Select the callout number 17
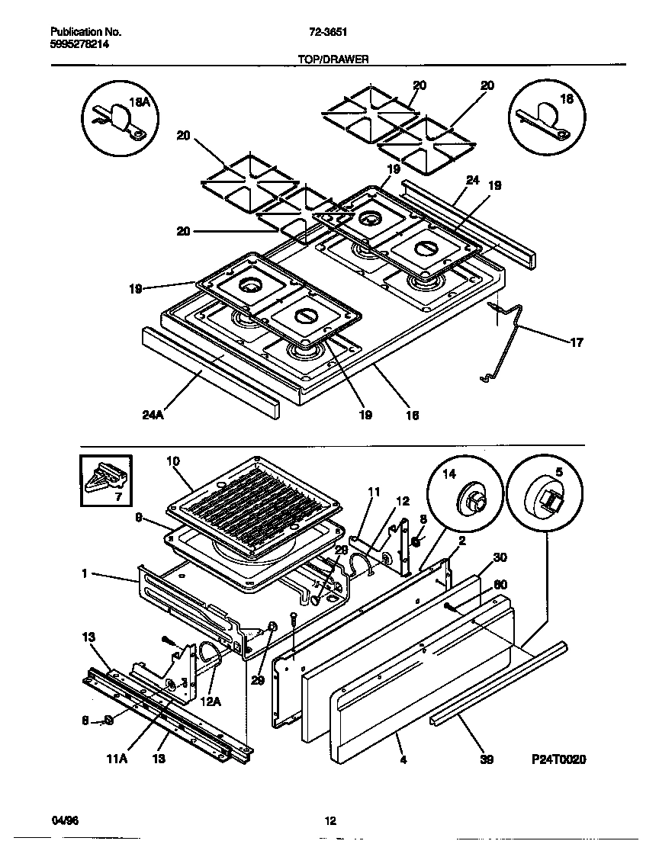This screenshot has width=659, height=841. click(x=577, y=342)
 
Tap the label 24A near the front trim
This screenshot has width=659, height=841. click(x=153, y=416)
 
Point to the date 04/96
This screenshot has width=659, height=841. click(x=64, y=820)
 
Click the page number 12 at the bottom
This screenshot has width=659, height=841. click(x=329, y=820)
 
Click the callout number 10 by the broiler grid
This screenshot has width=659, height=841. click(x=173, y=460)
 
